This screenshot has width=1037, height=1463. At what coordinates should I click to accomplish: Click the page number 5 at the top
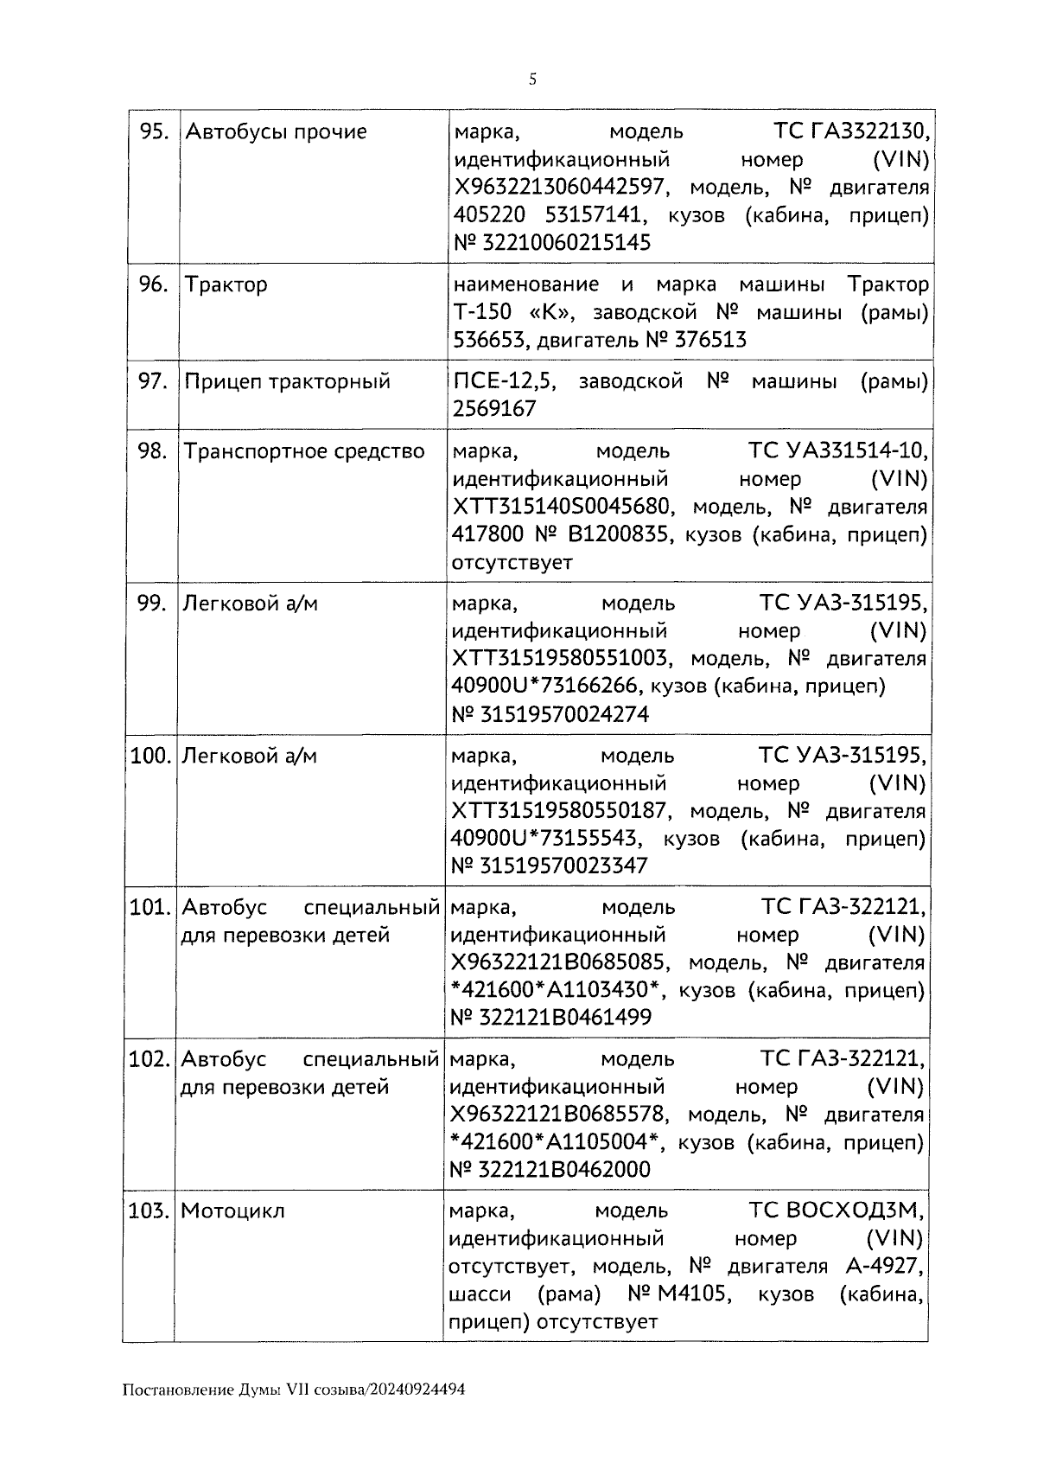click(x=532, y=80)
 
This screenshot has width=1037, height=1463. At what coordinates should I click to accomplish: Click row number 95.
click(x=154, y=131)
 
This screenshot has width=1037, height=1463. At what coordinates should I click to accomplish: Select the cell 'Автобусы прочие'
click(x=277, y=131)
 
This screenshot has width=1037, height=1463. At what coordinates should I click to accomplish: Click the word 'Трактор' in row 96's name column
click(x=226, y=284)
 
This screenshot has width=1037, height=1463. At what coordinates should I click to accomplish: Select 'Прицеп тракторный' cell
click(x=288, y=381)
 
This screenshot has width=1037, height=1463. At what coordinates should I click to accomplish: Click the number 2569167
click(x=494, y=409)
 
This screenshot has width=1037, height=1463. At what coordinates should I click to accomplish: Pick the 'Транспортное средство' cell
click(x=304, y=451)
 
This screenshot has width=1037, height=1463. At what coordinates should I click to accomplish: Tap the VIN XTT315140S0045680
click(x=562, y=507)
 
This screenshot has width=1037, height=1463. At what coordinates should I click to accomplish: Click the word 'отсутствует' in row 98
click(x=512, y=563)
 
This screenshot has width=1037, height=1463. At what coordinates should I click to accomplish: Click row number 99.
click(x=152, y=604)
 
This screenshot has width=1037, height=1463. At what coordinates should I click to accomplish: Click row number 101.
click(x=148, y=908)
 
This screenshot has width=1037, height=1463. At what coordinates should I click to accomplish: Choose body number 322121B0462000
click(x=562, y=1170)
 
